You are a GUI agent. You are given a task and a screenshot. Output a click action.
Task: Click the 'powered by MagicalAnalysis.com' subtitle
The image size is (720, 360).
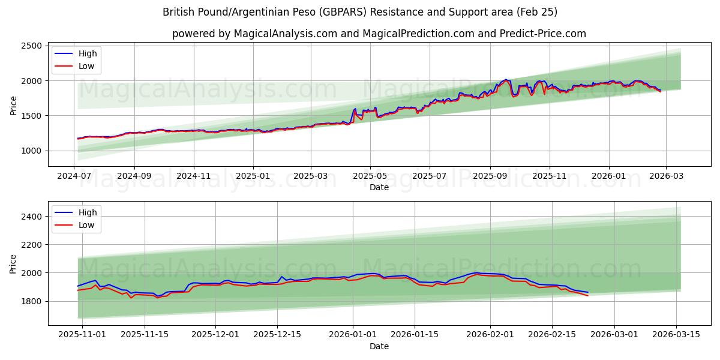click(379, 34)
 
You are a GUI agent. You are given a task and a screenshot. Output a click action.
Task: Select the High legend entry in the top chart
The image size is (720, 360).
click(88, 53)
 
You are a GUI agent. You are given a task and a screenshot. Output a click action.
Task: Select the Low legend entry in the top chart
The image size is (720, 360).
click(86, 66)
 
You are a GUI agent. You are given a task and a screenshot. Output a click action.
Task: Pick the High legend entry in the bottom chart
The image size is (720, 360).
click(88, 212)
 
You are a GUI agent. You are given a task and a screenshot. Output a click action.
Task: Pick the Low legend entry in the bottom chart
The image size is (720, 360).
click(86, 225)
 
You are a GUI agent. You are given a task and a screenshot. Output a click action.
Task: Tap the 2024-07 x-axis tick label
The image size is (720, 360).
click(74, 176)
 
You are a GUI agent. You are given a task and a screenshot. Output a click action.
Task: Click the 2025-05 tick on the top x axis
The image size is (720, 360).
click(370, 176)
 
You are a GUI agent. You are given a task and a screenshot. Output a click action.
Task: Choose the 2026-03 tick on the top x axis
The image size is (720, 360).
click(666, 176)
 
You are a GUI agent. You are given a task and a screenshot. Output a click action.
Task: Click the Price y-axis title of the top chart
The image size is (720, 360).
click(14, 105)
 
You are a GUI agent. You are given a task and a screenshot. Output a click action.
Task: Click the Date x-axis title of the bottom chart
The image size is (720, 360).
click(379, 346)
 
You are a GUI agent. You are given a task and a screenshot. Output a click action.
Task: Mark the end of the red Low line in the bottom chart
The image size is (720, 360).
click(588, 296)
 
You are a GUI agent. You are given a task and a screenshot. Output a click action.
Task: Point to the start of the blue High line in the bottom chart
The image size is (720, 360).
click(78, 286)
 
